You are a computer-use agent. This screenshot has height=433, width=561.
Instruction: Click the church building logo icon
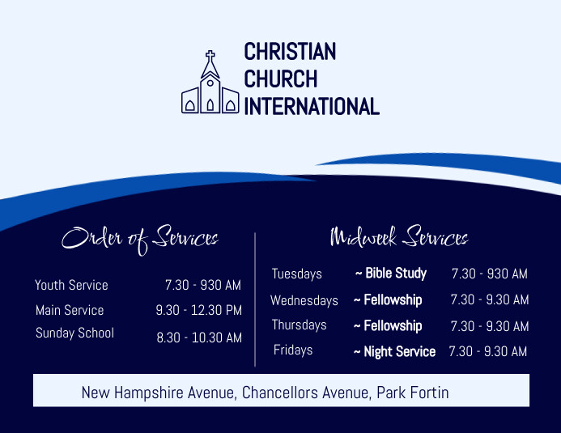click(210, 85)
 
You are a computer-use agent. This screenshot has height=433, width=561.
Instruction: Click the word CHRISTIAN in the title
click(290, 52)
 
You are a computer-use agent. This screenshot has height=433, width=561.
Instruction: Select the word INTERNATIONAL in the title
click(312, 106)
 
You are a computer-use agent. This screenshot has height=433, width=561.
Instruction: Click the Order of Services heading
click(141, 237)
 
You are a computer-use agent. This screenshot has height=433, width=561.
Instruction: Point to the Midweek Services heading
click(399, 237)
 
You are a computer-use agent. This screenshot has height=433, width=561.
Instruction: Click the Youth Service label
click(71, 285)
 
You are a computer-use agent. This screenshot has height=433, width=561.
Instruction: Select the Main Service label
click(70, 310)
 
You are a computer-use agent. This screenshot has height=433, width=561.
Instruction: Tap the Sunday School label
click(74, 333)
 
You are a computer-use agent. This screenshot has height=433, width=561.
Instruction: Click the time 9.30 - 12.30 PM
click(199, 310)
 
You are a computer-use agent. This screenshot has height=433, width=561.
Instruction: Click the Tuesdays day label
click(297, 274)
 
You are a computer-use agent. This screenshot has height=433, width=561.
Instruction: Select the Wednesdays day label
click(304, 300)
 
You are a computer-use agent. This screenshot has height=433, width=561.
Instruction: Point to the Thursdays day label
click(300, 325)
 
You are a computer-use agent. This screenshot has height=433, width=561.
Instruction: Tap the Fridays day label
click(293, 350)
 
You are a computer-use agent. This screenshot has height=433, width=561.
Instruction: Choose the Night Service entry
click(399, 351)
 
